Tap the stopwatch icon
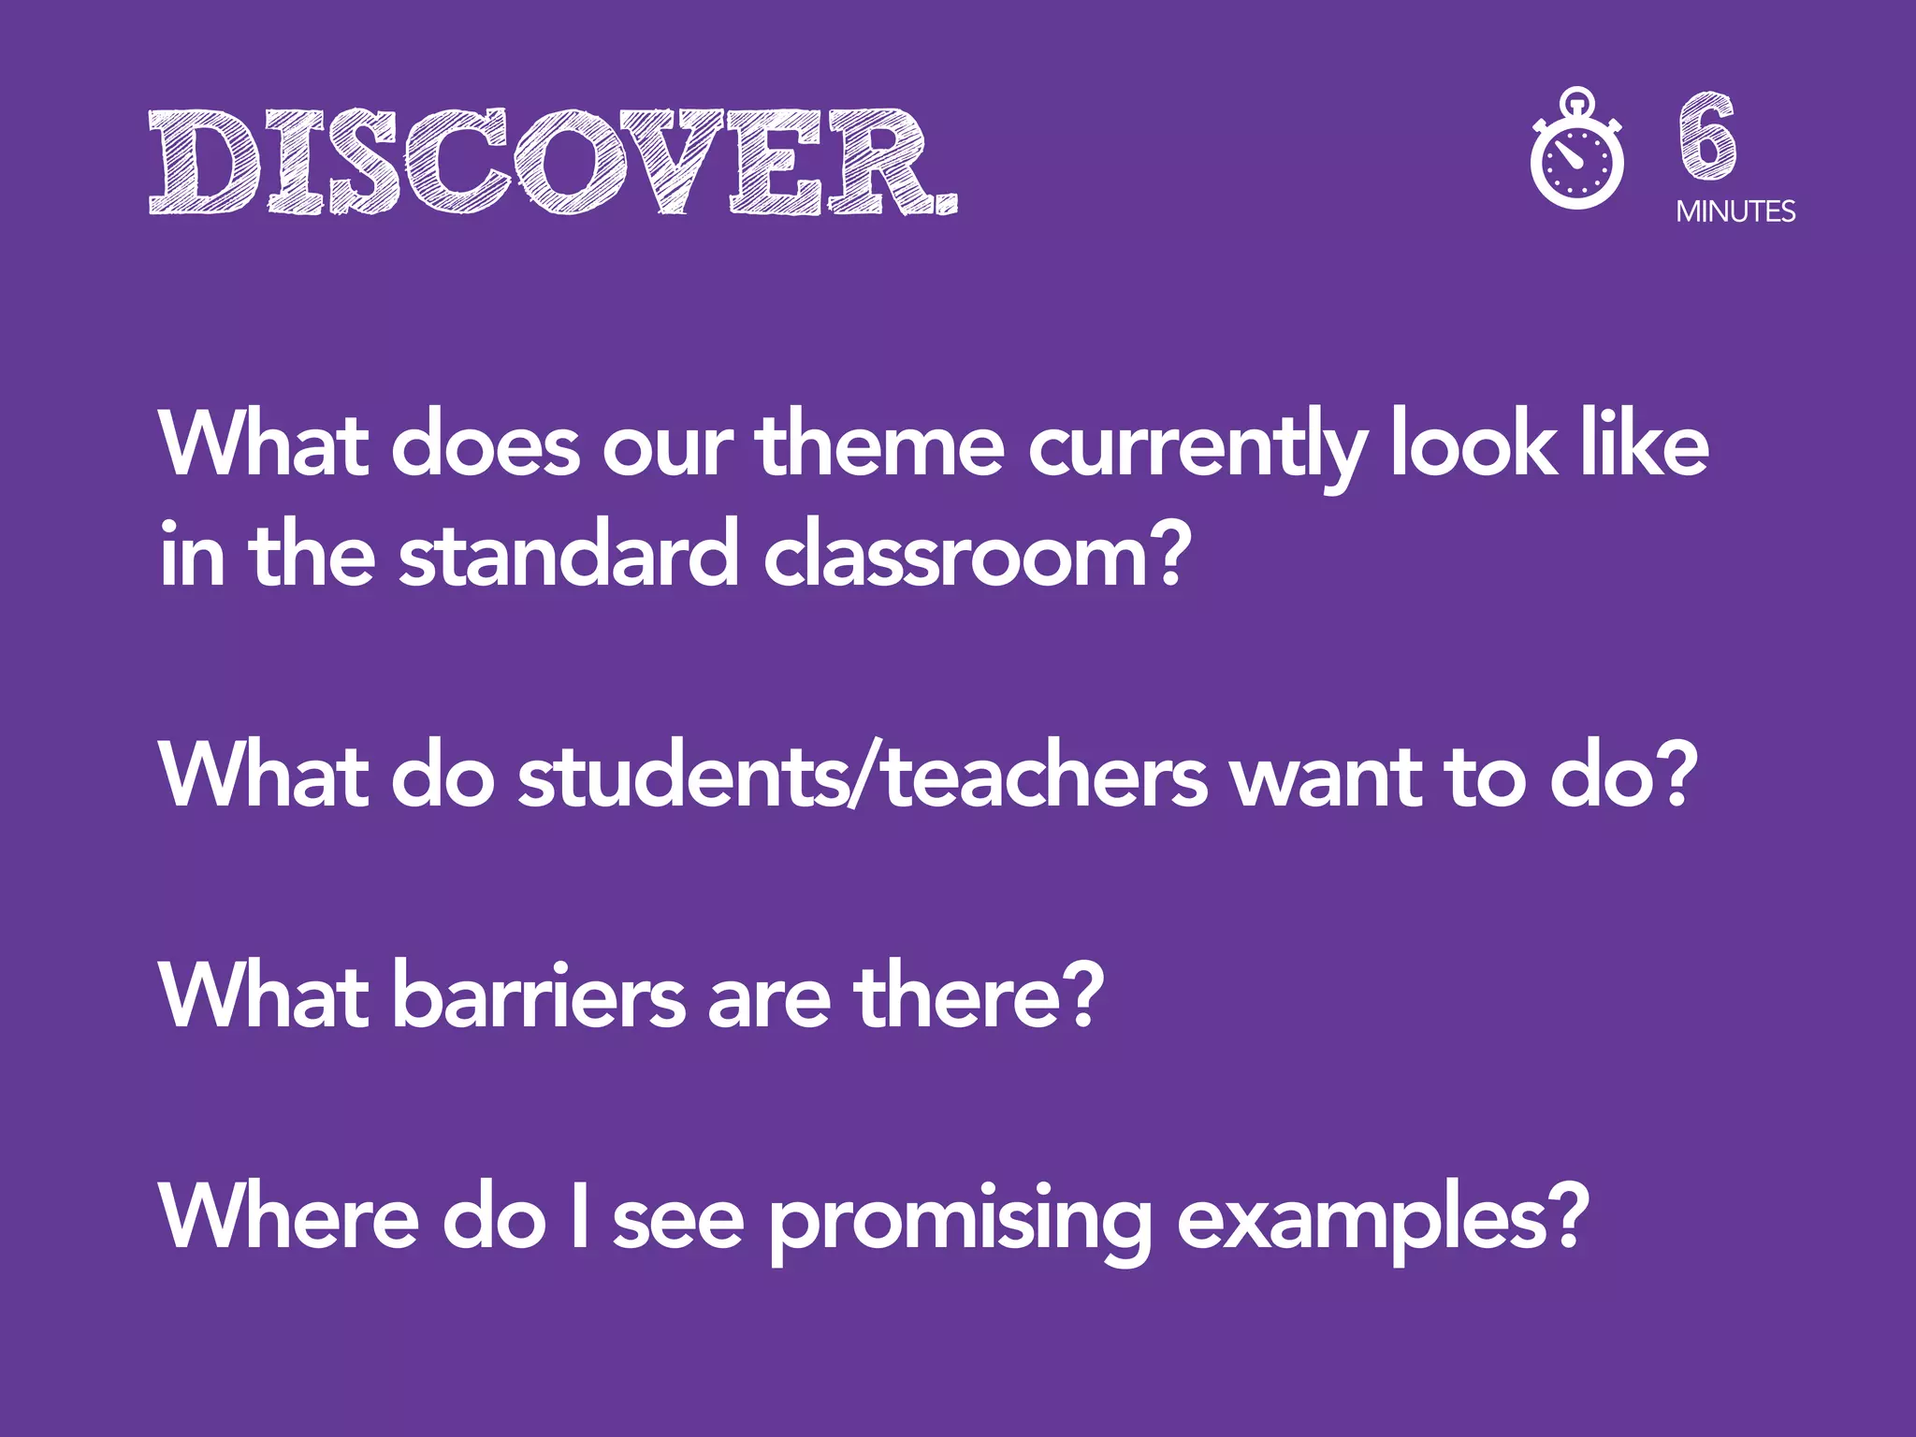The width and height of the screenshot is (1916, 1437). point(1577,150)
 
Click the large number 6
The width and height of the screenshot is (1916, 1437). point(1707,137)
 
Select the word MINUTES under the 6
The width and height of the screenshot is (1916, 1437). point(1735,212)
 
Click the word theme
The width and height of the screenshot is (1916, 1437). point(879,445)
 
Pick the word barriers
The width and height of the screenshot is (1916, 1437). point(539,995)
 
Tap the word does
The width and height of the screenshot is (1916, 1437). point(486,445)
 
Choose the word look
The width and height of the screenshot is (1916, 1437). point(1473,445)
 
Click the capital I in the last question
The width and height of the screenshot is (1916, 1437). point(580,1216)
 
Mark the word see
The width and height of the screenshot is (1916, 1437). point(678,1220)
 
